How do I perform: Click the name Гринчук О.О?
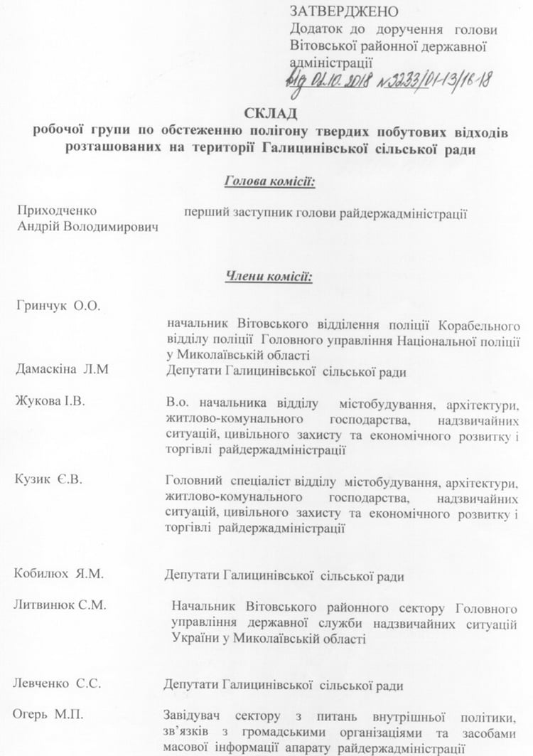click(x=58, y=306)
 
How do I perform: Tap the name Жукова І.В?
click(x=50, y=401)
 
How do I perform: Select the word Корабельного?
click(x=480, y=326)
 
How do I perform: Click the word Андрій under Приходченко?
click(x=38, y=226)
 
